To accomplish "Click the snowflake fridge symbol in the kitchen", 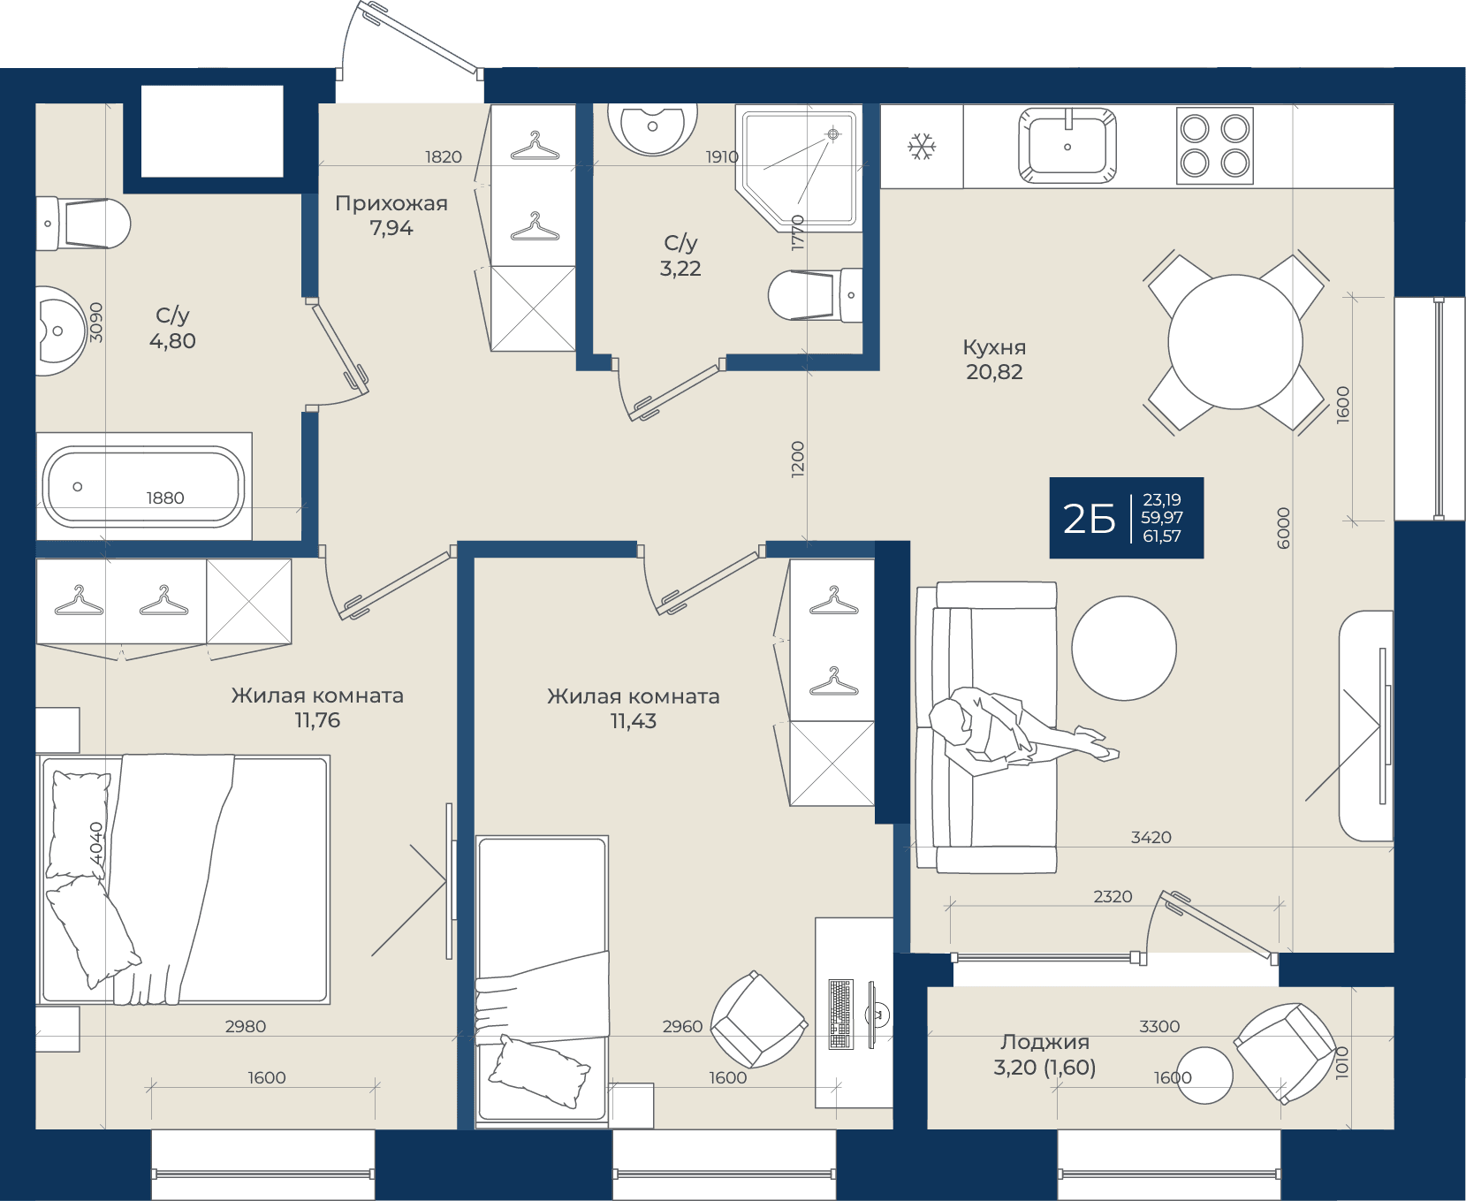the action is point(922,147).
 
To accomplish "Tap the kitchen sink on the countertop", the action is point(1067,146).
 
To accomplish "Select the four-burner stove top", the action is point(1215,146).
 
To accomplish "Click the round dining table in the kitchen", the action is point(1235,342).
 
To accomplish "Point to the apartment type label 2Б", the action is point(1089,519).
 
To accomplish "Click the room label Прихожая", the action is point(391,203).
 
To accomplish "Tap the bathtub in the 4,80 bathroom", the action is point(144,487).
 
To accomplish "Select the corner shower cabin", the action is point(798,169).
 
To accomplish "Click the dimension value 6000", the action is point(1284,528).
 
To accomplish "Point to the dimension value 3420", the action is point(1151,837).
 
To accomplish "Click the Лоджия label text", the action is point(1044,1043).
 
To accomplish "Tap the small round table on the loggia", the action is point(1205,1076).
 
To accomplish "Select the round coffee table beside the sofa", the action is point(1124,648).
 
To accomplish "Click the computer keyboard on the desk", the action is point(840,1014).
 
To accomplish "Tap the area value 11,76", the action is point(317,720).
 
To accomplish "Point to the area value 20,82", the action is point(994,372).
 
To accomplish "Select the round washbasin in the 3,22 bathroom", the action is point(652,129).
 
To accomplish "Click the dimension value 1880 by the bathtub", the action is point(165,498).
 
